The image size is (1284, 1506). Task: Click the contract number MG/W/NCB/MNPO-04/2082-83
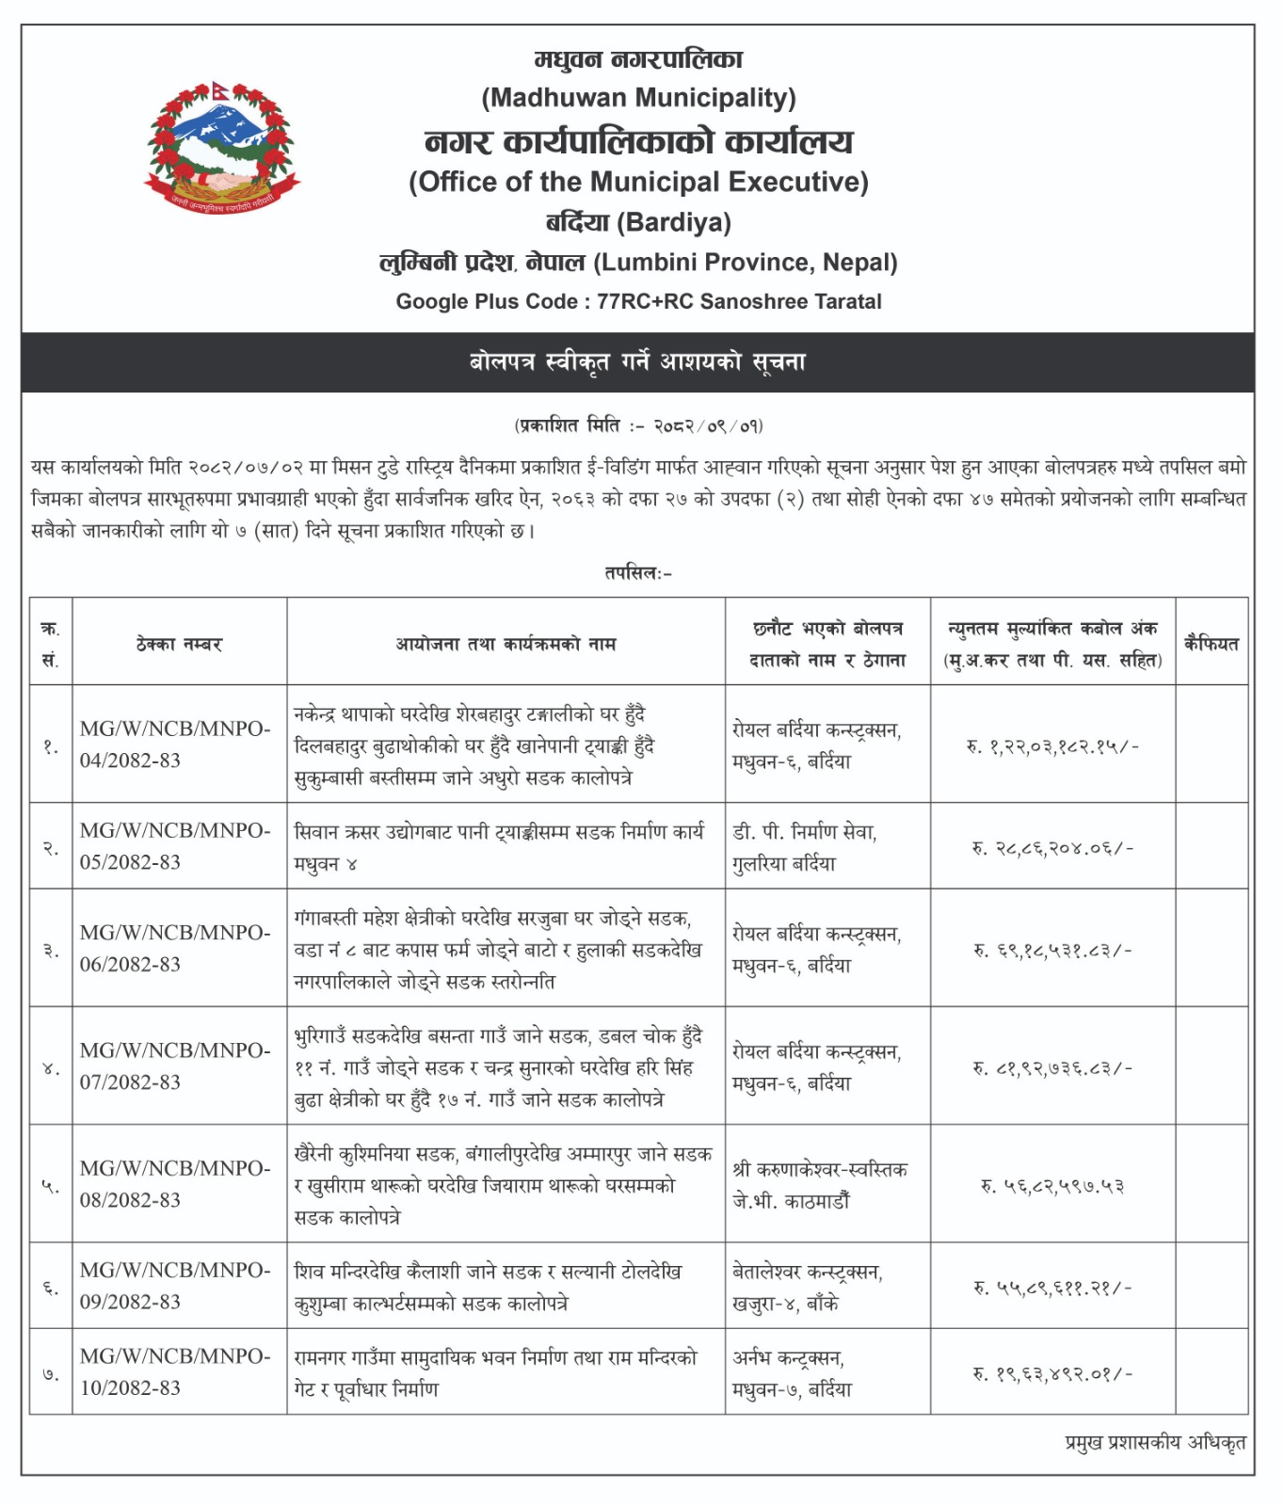point(175,745)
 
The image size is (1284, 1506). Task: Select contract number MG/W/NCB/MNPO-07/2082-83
point(175,1066)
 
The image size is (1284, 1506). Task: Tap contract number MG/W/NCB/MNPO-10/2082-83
point(175,1372)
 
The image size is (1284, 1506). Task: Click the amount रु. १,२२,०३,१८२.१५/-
point(1052,746)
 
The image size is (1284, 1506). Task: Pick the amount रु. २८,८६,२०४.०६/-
point(1052,848)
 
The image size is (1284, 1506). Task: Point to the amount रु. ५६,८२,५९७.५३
point(1052,1186)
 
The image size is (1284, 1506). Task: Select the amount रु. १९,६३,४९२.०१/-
point(1052,1373)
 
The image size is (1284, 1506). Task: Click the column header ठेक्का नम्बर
point(179,645)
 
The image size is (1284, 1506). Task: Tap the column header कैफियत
point(1212,645)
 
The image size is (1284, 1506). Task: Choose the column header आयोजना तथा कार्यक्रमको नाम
point(506,645)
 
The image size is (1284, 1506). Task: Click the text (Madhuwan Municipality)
point(638,98)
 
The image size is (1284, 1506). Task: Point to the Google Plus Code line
point(638,302)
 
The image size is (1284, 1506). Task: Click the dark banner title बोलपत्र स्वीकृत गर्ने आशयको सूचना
point(638,362)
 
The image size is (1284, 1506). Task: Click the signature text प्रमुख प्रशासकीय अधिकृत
point(1155,1443)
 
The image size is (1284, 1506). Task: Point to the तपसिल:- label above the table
point(638,573)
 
